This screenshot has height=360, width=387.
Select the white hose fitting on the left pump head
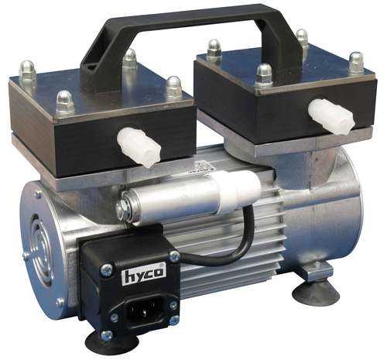pyautogui.click(x=139, y=147)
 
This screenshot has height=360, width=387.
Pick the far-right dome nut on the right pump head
pyautogui.click(x=355, y=62)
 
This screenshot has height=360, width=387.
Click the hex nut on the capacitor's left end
pyautogui.click(x=123, y=211)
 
